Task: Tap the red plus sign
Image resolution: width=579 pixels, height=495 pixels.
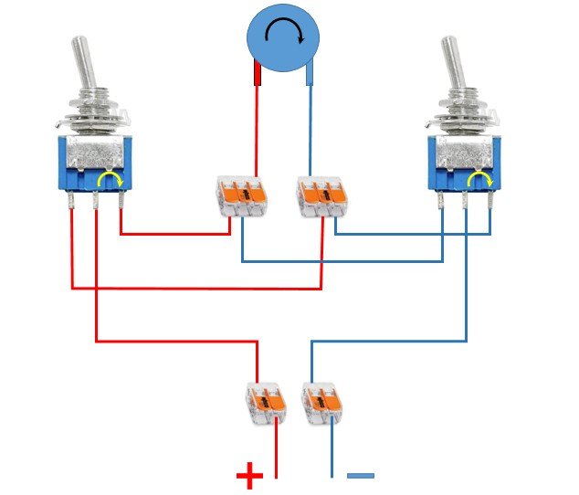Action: pyautogui.click(x=248, y=476)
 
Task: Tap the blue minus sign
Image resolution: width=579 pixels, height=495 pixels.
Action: pyautogui.click(x=361, y=476)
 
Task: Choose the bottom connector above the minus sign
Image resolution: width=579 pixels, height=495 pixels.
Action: pyautogui.click(x=321, y=402)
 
